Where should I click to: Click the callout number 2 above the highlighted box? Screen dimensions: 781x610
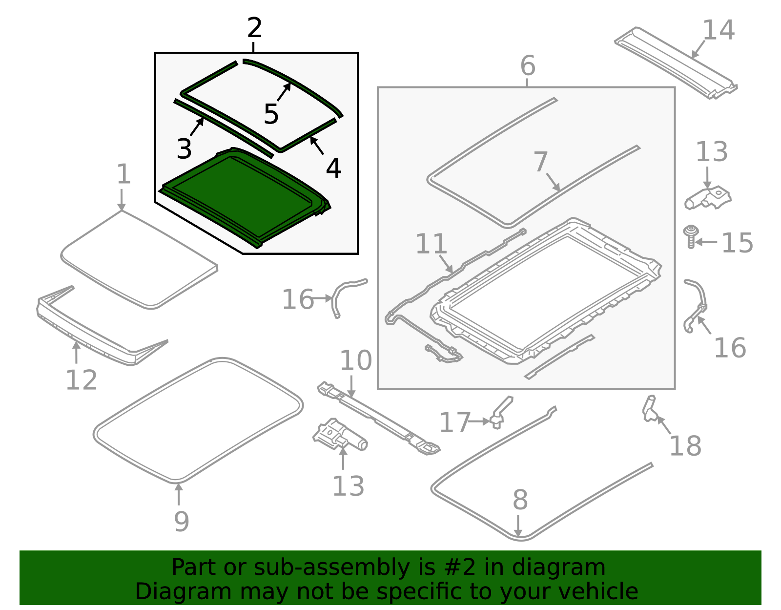click(254, 28)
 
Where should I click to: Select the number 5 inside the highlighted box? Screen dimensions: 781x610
click(271, 114)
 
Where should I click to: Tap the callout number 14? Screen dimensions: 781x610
click(719, 30)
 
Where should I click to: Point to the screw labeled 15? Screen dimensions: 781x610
click(690, 236)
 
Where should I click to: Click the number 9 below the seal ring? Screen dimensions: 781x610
click(182, 521)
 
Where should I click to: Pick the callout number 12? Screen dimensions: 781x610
click(81, 380)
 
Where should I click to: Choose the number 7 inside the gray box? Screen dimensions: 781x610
click(540, 162)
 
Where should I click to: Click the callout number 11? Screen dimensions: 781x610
click(432, 244)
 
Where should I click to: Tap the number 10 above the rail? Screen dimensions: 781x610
click(355, 360)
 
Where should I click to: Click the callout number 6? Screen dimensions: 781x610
click(528, 66)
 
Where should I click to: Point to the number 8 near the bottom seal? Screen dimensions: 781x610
click(520, 500)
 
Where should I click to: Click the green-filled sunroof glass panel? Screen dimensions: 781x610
click(245, 198)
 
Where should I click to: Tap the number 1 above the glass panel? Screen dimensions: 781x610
click(123, 174)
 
